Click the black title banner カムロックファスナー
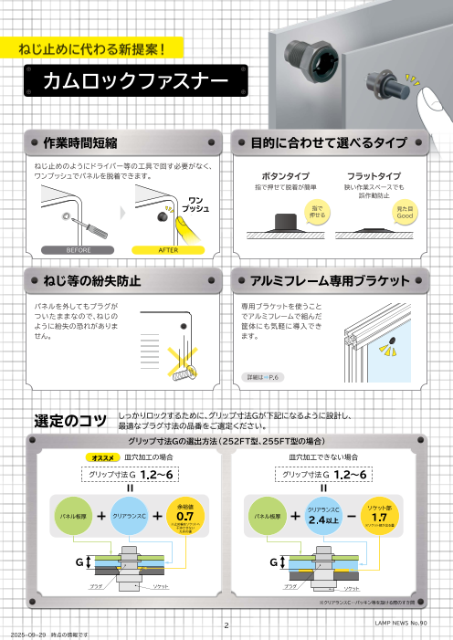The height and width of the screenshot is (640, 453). click(x=136, y=83)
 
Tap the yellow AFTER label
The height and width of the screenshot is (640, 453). click(x=168, y=249)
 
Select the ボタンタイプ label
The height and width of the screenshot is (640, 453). click(x=286, y=175)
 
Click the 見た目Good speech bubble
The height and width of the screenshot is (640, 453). click(x=405, y=214)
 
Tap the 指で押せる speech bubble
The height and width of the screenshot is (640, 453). click(x=317, y=213)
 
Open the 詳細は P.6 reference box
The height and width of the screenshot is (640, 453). click(x=266, y=376)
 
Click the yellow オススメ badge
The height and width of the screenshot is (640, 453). click(x=100, y=456)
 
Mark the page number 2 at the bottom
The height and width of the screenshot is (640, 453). click(x=226, y=625)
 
